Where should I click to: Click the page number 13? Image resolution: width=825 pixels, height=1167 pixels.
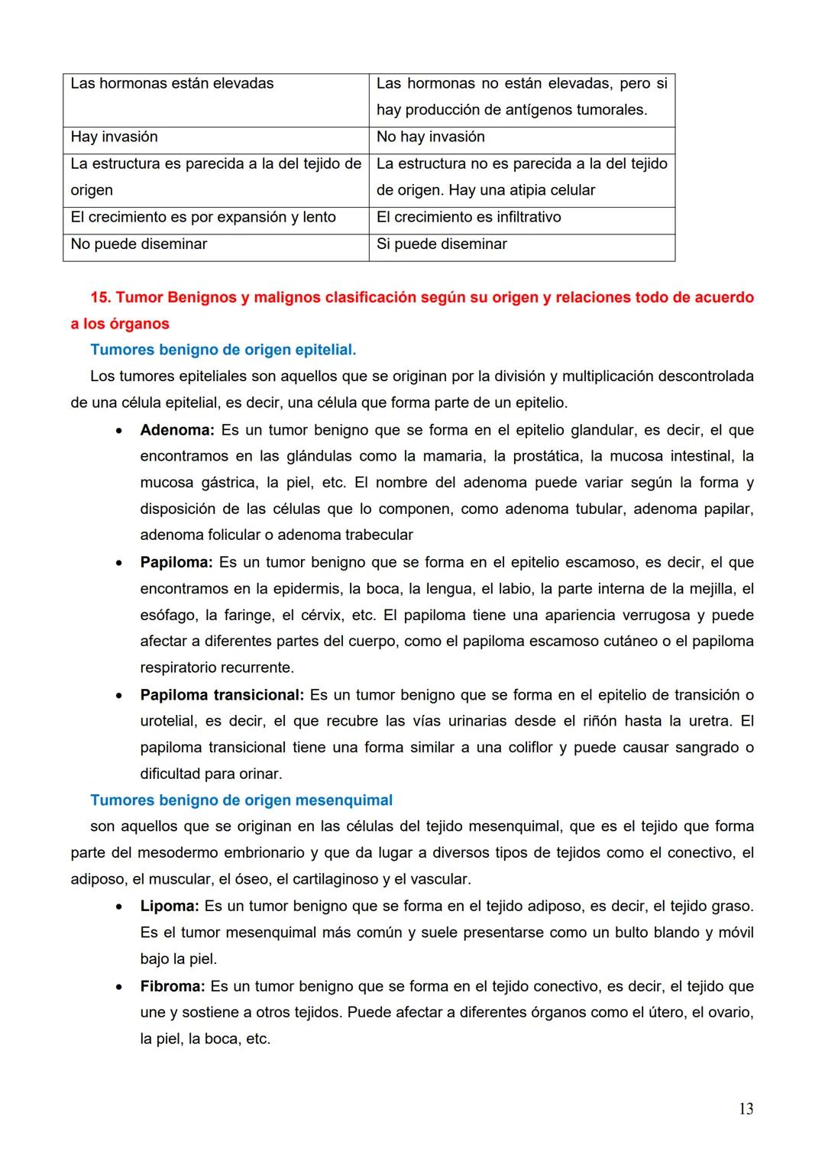(746, 1109)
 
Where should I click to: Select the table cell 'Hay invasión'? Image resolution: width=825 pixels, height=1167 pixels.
(114, 137)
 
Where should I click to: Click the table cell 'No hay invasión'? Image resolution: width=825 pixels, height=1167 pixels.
(430, 137)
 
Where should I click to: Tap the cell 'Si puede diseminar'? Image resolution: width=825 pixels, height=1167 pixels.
(442, 244)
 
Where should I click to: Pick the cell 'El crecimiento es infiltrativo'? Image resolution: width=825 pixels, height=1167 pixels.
(468, 217)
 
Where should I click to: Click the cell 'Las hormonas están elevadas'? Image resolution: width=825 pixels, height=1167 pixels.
(172, 83)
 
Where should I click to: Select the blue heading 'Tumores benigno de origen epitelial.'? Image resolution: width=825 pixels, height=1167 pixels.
(223, 350)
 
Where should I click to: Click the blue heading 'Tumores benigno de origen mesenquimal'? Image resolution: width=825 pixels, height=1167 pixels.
(241, 800)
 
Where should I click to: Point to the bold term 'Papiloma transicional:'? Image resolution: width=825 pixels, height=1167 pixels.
(222, 695)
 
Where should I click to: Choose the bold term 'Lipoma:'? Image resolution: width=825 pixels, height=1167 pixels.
(169, 906)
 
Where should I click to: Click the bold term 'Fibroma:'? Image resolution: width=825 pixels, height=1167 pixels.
(172, 986)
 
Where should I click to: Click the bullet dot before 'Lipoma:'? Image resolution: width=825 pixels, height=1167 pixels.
(118, 907)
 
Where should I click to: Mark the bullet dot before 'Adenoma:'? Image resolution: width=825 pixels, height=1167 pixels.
(118, 432)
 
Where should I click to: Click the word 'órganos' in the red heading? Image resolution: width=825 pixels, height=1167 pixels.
(138, 324)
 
